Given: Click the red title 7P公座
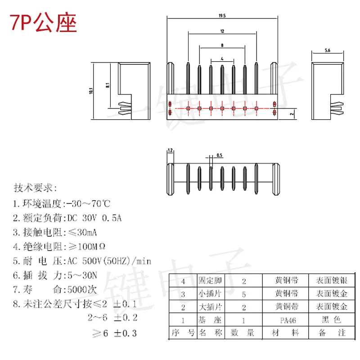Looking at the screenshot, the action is click(x=44, y=23).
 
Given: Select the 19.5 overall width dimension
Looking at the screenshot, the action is click(x=222, y=15).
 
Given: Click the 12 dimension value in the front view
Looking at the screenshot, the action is click(x=222, y=31).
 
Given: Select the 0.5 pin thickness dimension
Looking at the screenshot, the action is click(x=220, y=155).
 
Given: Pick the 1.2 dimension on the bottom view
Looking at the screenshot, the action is click(x=170, y=150).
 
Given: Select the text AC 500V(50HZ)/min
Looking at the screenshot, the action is click(x=108, y=261).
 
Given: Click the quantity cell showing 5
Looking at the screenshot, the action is click(x=244, y=294).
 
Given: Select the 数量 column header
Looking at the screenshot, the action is click(x=244, y=333).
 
